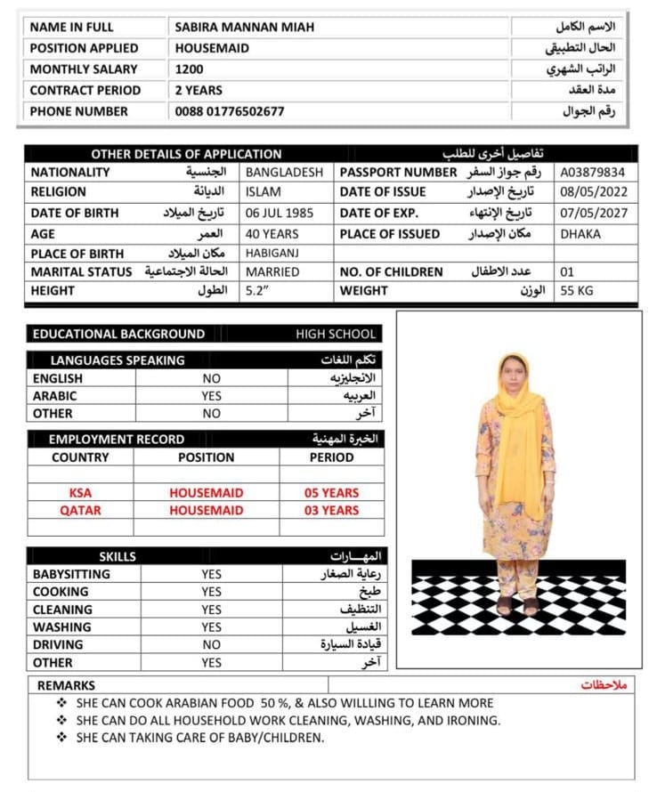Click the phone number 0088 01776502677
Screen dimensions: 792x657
click(x=230, y=111)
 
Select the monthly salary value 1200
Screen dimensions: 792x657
click(x=190, y=69)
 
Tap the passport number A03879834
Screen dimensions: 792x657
click(x=592, y=173)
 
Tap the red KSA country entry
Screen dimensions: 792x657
click(x=80, y=493)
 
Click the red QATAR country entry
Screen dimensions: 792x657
click(x=80, y=511)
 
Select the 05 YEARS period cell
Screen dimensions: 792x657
click(x=331, y=493)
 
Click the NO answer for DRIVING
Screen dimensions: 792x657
click(x=211, y=645)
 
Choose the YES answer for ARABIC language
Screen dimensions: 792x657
click(x=211, y=396)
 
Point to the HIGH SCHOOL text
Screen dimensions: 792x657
click(x=336, y=335)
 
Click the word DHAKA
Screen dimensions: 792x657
click(x=580, y=234)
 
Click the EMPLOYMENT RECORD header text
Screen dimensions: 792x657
click(x=117, y=440)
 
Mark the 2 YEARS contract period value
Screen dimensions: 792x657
click(x=199, y=90)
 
